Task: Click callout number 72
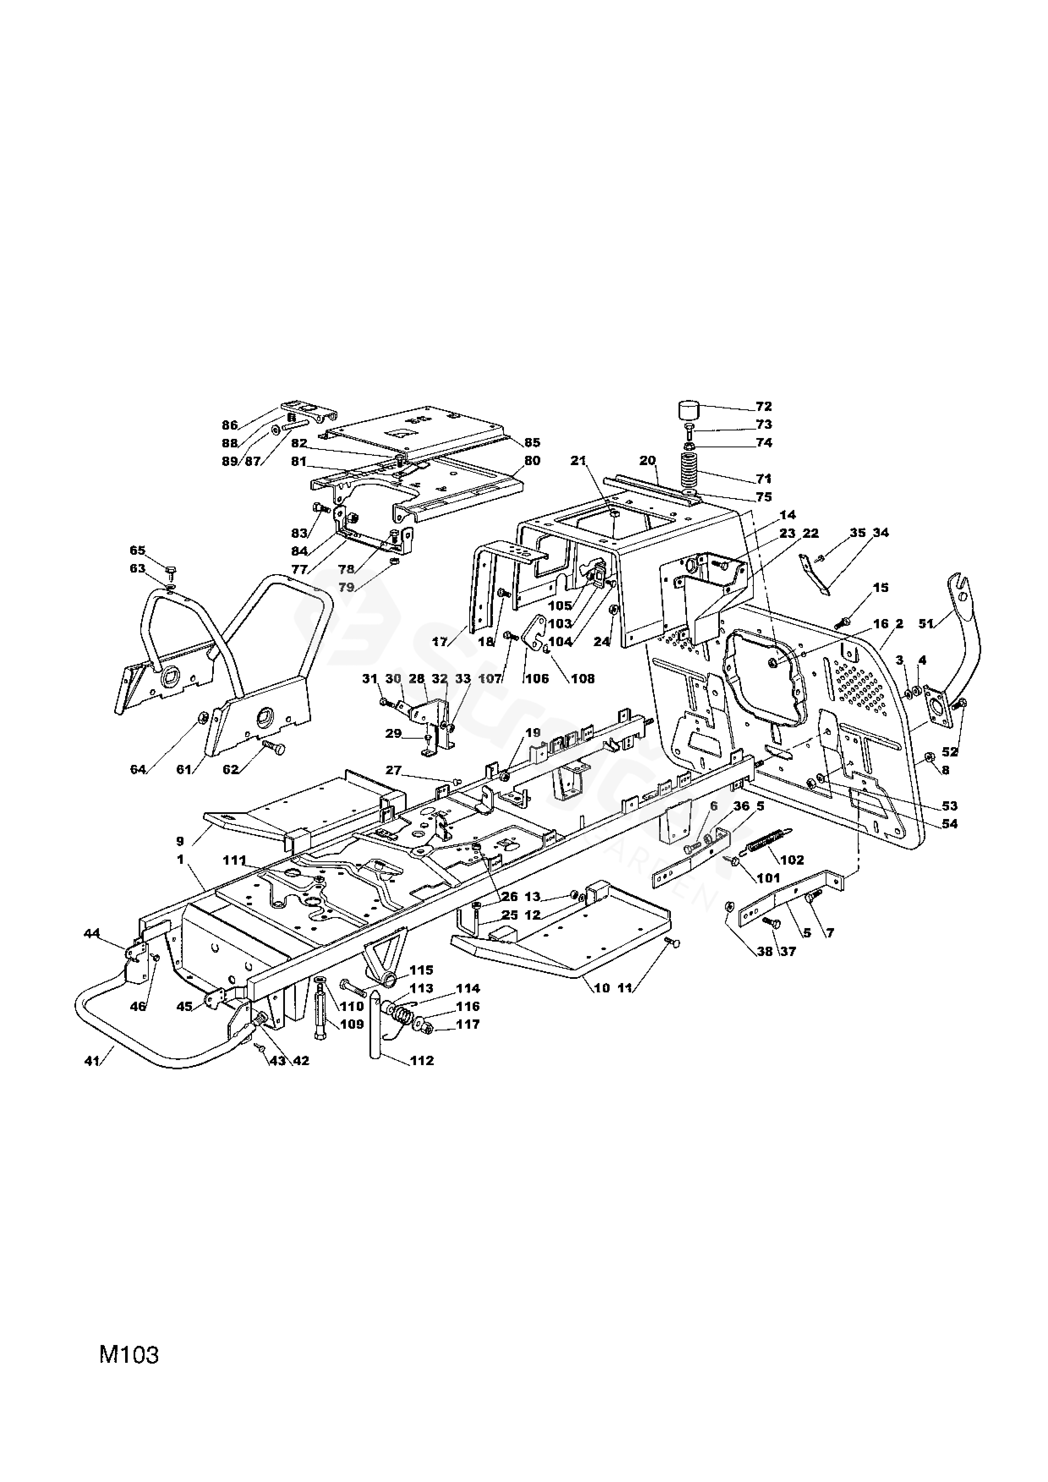764,407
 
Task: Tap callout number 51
926,624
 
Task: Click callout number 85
532,443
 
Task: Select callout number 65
137,550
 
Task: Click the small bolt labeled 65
172,573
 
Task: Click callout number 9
180,841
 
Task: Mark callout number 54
949,824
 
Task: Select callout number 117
468,1025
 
